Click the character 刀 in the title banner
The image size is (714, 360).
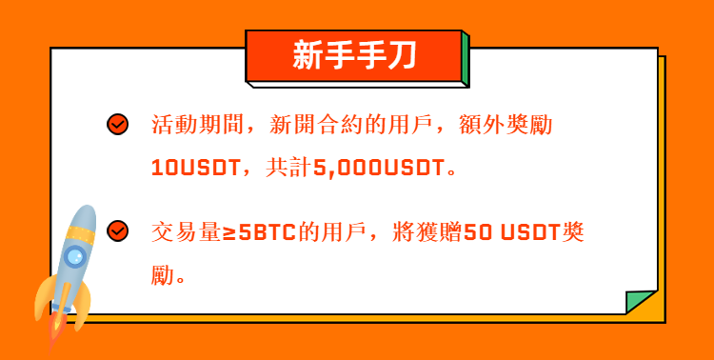[401, 54]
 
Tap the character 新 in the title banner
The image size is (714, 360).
[307, 54]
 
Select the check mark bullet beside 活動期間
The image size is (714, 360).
[117, 124]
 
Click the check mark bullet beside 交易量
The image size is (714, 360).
[117, 231]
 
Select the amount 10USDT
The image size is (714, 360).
[195, 169]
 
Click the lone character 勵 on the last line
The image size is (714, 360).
[163, 275]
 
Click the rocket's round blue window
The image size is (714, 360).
[75, 256]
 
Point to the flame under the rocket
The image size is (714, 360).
[56, 331]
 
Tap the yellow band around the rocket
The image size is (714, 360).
[80, 233]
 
